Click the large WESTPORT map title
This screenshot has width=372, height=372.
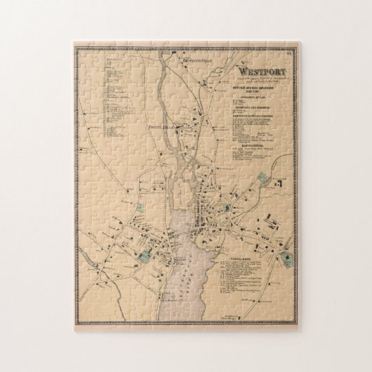(261, 71)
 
